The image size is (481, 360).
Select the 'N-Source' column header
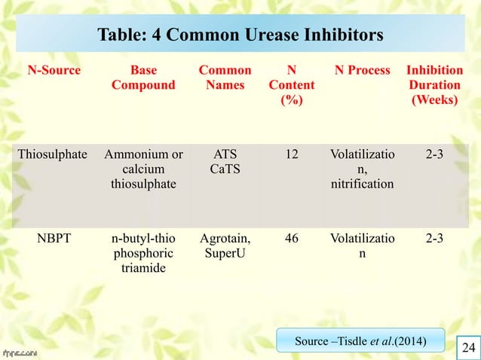[54, 71]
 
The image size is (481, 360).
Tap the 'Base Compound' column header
[143, 78]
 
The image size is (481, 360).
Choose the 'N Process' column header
[363, 71]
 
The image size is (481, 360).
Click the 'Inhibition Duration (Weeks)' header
[434, 85]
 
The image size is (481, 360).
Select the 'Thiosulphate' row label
[50, 154]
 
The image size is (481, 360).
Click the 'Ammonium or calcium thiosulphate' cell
[143, 169]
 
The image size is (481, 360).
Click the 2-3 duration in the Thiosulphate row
[434, 154]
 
